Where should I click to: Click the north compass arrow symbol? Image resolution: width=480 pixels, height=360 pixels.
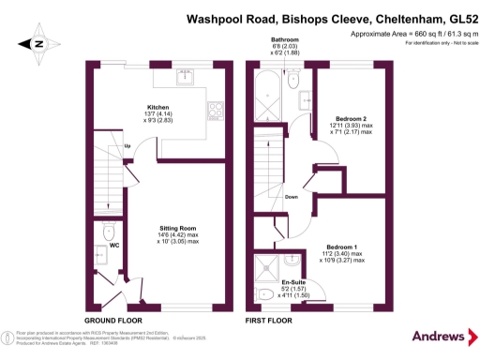(37, 43)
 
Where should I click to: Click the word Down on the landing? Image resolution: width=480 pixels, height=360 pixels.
(292, 196)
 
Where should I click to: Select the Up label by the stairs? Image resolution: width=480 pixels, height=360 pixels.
(127, 148)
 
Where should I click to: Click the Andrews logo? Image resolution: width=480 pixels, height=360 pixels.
(436, 336)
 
